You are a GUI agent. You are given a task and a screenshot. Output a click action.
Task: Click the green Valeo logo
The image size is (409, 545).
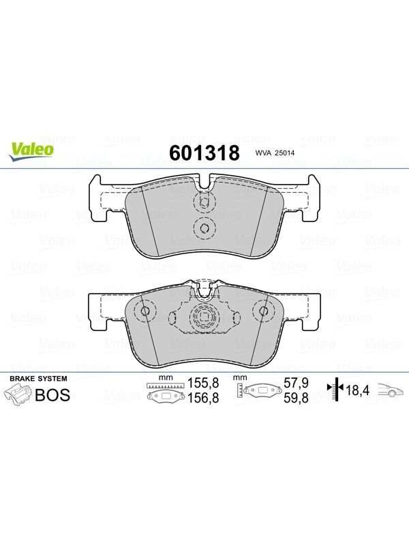point(31,151)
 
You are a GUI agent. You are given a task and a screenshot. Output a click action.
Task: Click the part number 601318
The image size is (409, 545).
point(204,153)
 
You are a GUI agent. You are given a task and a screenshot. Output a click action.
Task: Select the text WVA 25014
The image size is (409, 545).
point(275,153)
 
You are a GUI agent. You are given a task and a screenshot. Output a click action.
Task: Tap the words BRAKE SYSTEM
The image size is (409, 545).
point(38,379)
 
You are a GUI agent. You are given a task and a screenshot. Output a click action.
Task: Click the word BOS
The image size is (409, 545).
point(52,395)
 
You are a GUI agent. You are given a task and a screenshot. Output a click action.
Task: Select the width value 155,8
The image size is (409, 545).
point(203,383)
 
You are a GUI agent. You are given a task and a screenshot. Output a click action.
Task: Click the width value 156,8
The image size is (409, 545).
point(203,398)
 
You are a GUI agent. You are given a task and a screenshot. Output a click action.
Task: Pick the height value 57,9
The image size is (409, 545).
point(296,383)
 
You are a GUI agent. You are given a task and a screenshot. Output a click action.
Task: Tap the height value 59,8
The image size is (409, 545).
point(296,398)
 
